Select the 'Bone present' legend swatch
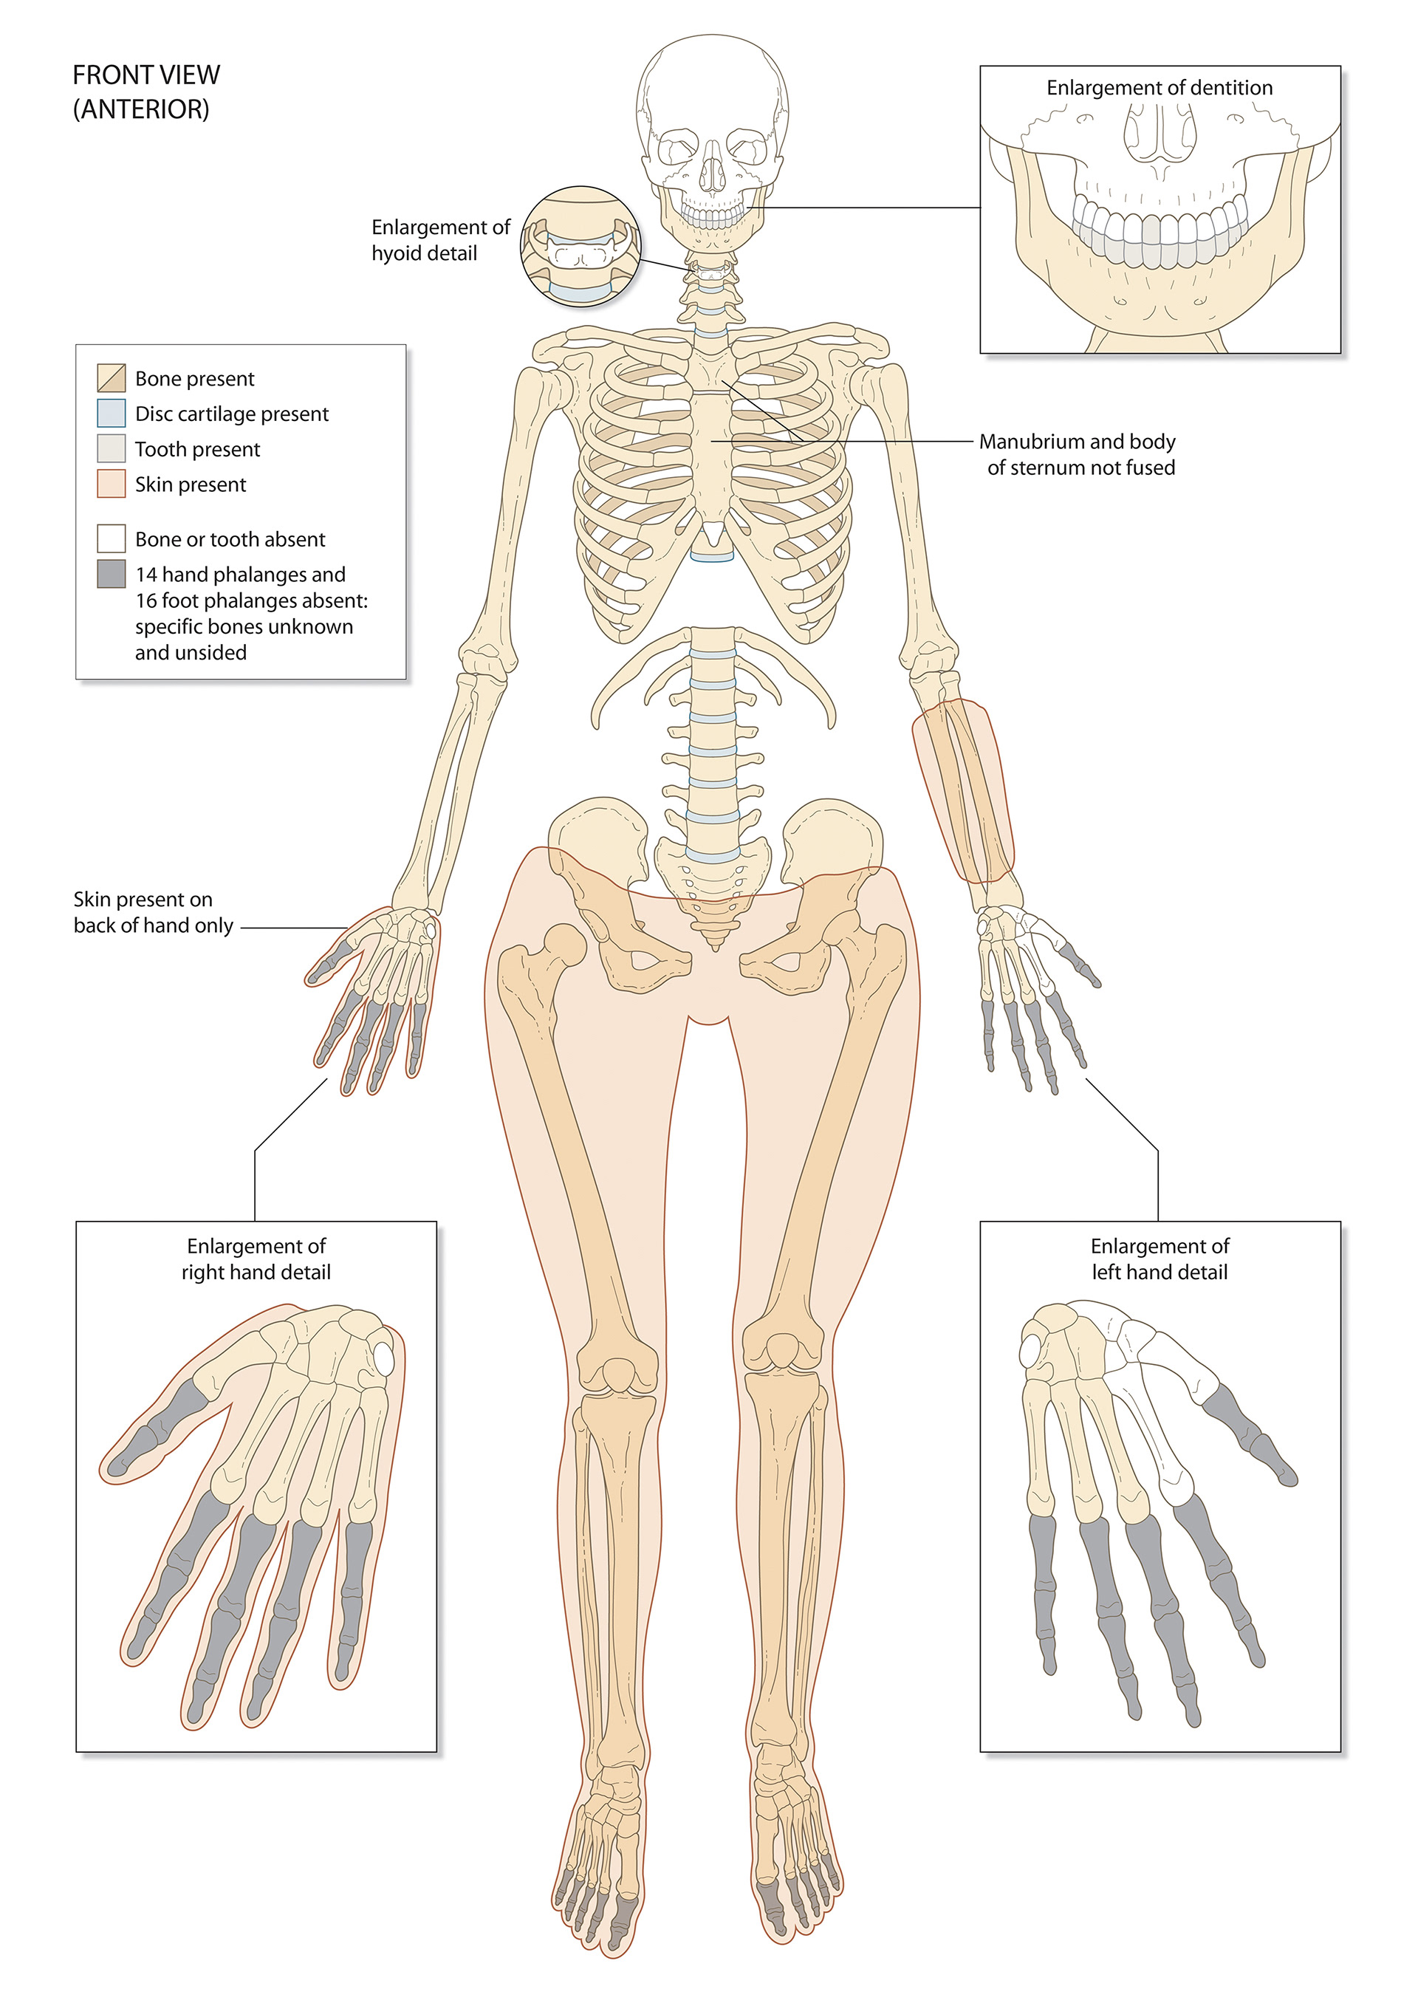[x=111, y=377]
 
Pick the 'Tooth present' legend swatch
[x=111, y=448]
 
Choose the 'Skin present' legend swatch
[x=111, y=484]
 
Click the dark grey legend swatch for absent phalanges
[x=111, y=574]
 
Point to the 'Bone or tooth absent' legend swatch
[x=111, y=538]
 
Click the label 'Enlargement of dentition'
[x=1159, y=87]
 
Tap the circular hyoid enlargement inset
[x=581, y=247]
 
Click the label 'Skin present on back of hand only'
[x=153, y=912]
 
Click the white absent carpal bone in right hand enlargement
[x=386, y=1356]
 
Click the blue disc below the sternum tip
[x=713, y=555]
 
